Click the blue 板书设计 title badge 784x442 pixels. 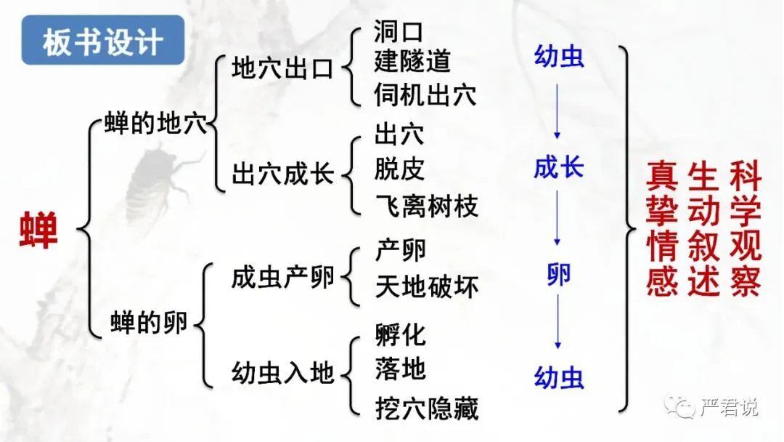pos(103,42)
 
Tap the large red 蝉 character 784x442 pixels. pos(38,231)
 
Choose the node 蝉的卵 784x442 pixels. pos(149,323)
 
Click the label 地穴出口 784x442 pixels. pos(282,69)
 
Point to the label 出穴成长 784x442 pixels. pos(282,174)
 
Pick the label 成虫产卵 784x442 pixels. pos(282,277)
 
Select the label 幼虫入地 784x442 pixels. pos(282,374)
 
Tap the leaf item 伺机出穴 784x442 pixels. pos(425,95)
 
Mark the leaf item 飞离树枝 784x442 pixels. pos(427,206)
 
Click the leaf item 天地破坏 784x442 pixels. pos(427,286)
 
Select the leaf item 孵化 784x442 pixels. pos(401,335)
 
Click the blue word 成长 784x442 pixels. pos(558,168)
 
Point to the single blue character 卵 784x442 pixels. pos(558,274)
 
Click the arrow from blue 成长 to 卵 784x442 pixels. pos(558,217)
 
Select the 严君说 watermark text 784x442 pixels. pos(730,407)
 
